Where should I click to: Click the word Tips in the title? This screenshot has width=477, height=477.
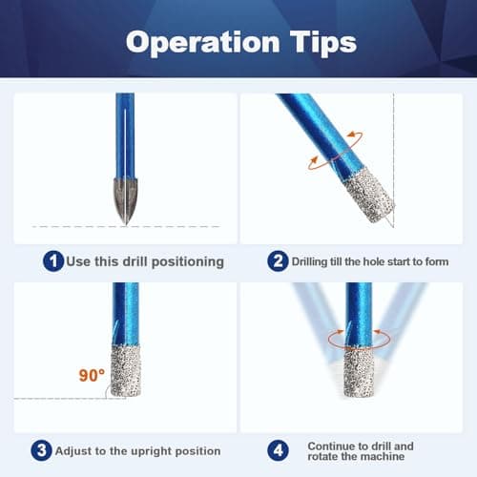pyautogui.click(x=319, y=43)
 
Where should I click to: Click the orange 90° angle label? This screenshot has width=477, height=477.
pyautogui.click(x=91, y=376)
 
